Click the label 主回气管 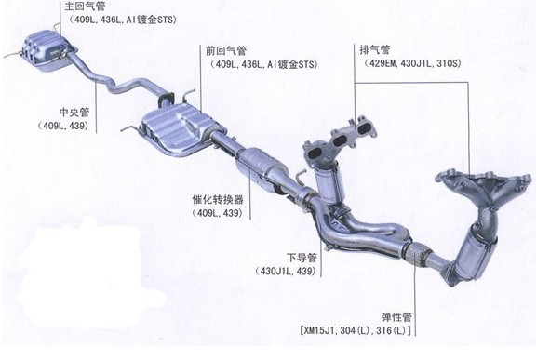(85, 6)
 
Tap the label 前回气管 (226, 51)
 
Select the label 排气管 (375, 49)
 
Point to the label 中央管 (74, 113)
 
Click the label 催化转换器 (218, 199)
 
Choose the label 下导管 (302, 258)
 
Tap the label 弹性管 (396, 317)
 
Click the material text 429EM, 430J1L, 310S (412, 63)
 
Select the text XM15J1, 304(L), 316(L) (357, 330)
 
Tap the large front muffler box (178, 129)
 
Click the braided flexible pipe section (417, 254)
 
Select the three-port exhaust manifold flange (341, 140)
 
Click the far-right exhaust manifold (484, 187)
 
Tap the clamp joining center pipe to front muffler (166, 99)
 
